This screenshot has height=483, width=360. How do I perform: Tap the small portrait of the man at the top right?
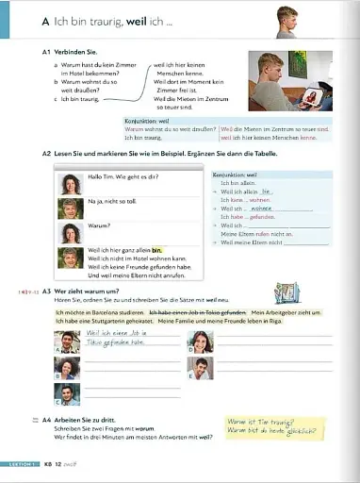(x=286, y=17)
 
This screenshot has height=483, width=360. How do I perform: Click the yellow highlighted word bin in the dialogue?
(x=144, y=249)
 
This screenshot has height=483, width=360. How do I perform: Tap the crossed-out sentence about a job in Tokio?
(x=188, y=312)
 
